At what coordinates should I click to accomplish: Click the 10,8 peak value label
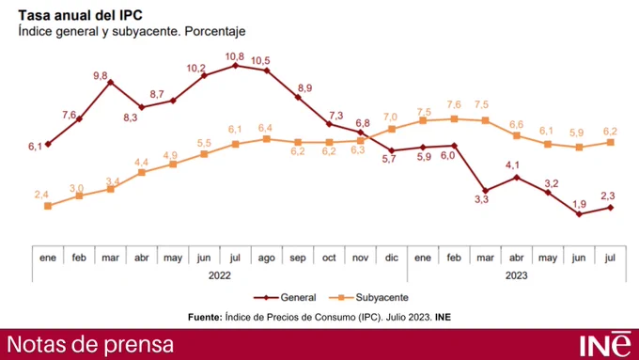click(x=235, y=55)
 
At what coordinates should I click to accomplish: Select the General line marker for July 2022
click(x=235, y=66)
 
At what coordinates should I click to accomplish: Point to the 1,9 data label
click(x=579, y=203)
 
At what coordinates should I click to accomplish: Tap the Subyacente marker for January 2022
click(x=48, y=205)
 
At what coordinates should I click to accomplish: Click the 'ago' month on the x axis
click(x=266, y=257)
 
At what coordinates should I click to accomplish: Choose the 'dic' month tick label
click(x=392, y=257)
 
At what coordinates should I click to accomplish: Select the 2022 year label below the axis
click(x=219, y=275)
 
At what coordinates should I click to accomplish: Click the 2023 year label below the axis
click(x=516, y=275)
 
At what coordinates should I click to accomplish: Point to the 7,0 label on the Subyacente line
click(x=390, y=117)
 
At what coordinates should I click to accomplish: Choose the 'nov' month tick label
click(x=360, y=257)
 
